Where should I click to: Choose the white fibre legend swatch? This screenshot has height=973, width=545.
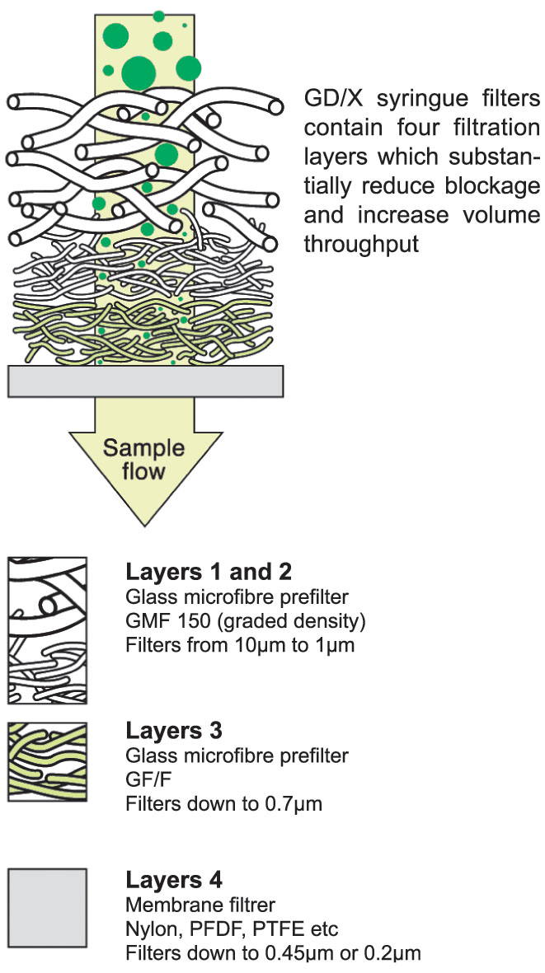pyautogui.click(x=47, y=630)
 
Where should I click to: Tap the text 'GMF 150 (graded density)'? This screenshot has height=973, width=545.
pyautogui.click(x=245, y=620)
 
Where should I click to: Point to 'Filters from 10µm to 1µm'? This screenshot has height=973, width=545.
pyautogui.click(x=240, y=644)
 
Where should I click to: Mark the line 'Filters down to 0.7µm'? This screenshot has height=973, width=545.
pyautogui.click(x=223, y=802)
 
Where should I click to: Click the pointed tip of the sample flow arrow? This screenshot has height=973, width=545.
pyautogui.click(x=145, y=524)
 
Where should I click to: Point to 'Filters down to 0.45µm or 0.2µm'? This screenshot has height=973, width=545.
pyautogui.click(x=273, y=954)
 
